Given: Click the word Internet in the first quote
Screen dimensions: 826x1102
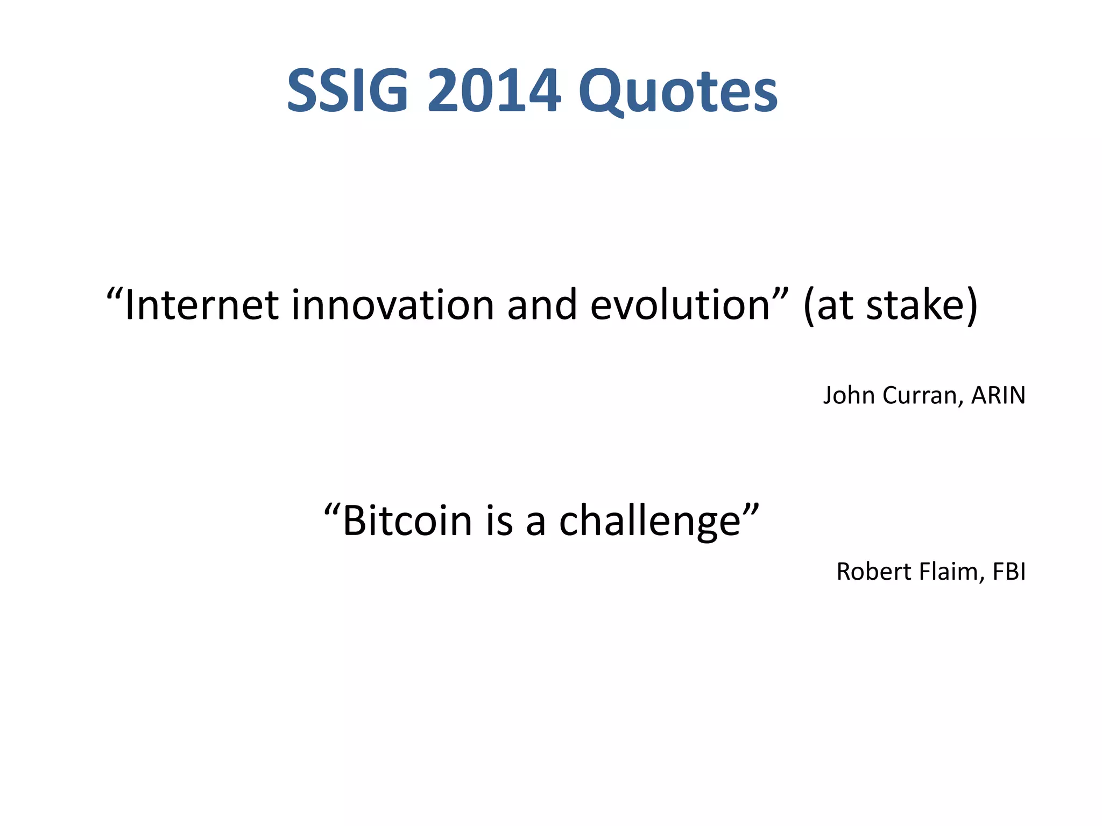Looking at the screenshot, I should coord(201,305).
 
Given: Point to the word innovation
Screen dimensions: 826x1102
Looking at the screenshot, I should coord(393,305).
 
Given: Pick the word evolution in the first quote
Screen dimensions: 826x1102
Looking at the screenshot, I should coord(681,305).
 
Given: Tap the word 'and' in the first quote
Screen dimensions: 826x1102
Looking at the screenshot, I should coord(542,305).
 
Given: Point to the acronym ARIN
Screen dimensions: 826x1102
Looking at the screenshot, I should coord(998,396).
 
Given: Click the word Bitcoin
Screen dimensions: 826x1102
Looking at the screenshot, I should coord(407,521).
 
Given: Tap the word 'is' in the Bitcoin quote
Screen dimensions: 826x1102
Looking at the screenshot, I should coord(499,521).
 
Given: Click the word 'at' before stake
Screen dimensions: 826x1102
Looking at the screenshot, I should coord(834,305).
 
